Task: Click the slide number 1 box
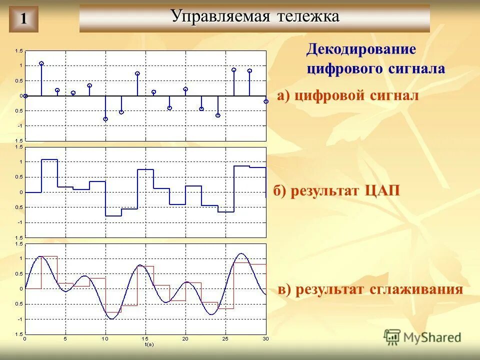(23, 19)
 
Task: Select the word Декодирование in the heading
(361, 49)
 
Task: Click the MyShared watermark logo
(422, 337)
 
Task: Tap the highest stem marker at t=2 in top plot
(41, 63)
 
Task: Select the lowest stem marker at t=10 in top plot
(105, 119)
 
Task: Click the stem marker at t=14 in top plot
(137, 73)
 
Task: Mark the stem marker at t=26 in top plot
(233, 70)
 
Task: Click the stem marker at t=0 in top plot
(25, 95)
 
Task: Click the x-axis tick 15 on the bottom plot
(145, 339)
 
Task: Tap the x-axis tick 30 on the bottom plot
(265, 339)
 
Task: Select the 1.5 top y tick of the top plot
(19, 51)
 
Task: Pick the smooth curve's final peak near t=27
(242, 253)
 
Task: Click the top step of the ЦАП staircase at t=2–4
(49, 159)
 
